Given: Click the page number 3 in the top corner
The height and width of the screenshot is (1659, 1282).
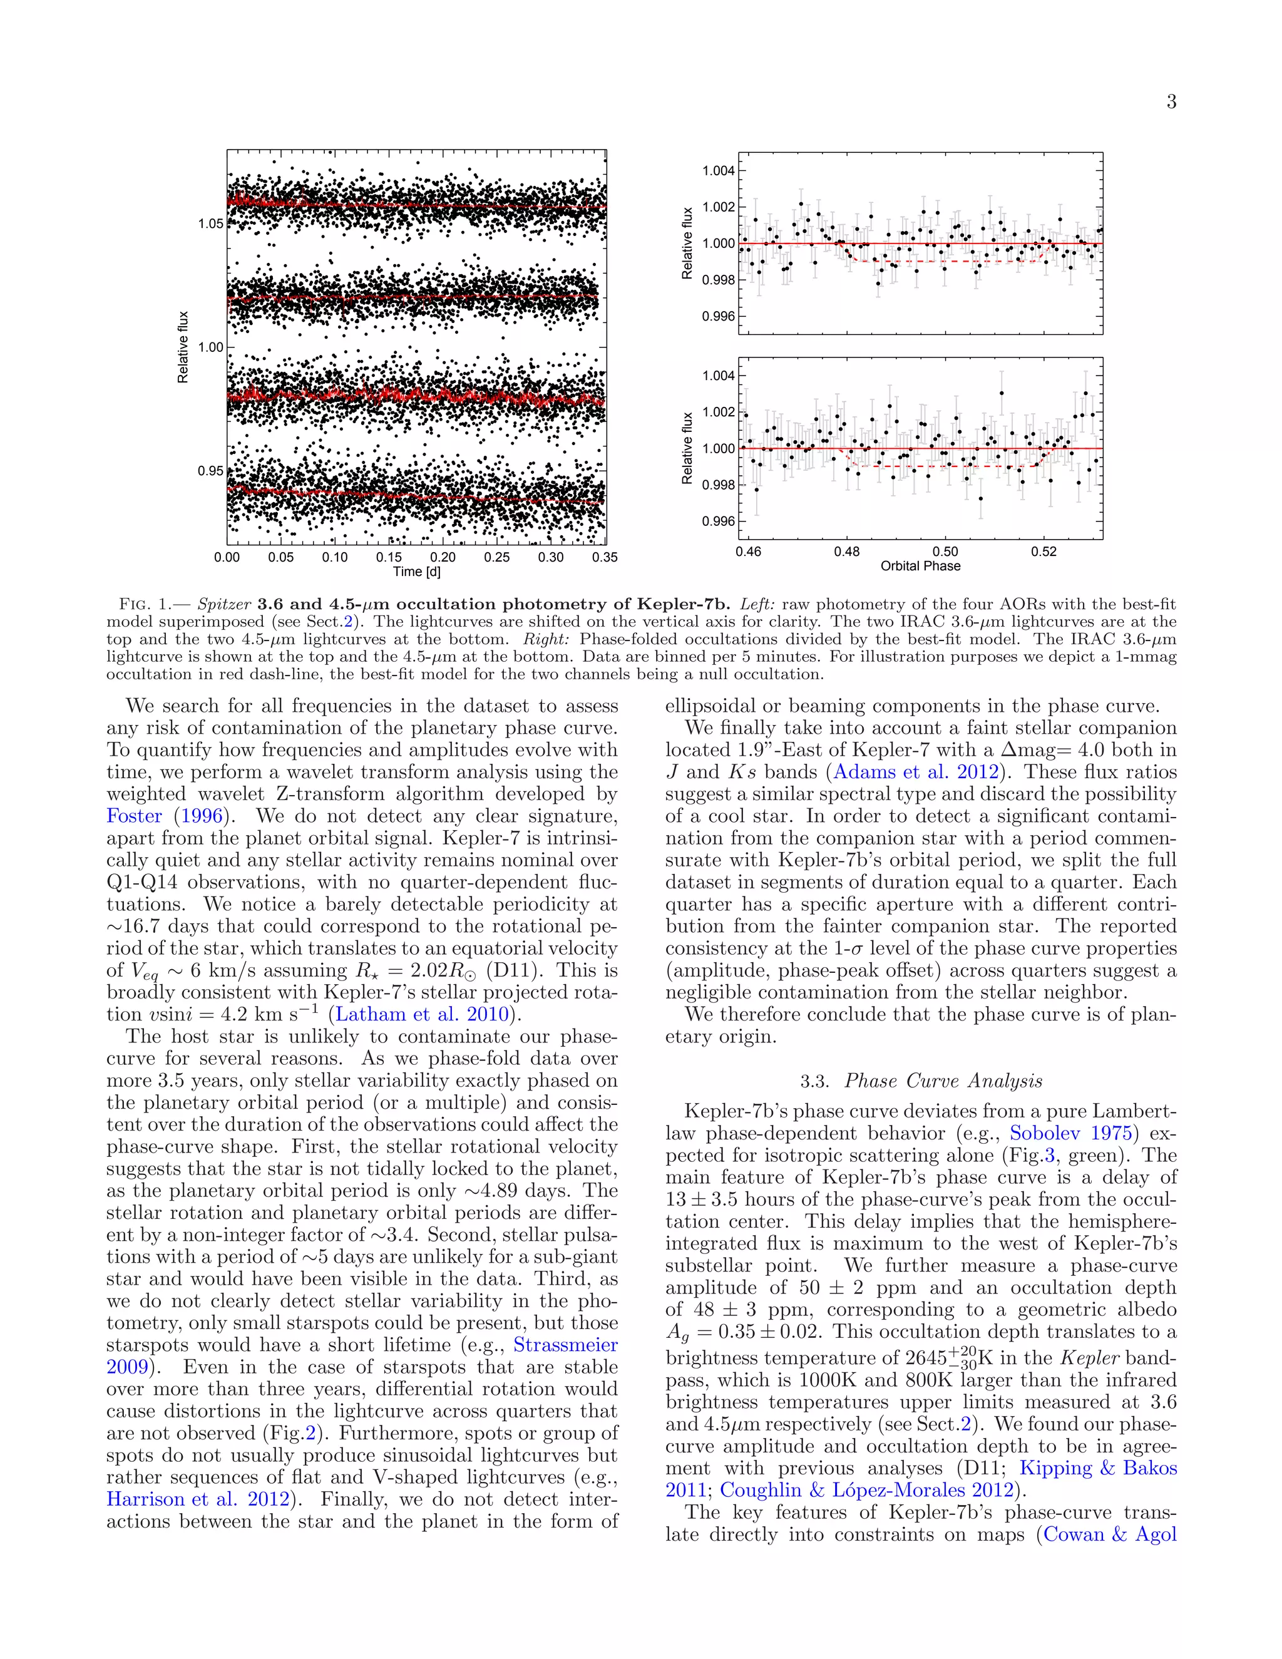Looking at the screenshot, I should pos(1171,103).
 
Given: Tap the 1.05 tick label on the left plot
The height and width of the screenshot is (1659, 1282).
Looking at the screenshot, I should pos(210,224).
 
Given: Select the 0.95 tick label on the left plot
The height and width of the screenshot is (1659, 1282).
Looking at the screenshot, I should pos(210,471).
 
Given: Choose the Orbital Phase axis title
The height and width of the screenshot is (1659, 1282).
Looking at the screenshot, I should pos(920,566).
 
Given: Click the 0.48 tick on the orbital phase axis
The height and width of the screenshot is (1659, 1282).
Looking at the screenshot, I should pos(847,552).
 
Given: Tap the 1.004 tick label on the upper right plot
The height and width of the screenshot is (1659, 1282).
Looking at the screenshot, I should pos(718,171).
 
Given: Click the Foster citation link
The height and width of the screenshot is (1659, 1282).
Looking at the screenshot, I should pos(135,816).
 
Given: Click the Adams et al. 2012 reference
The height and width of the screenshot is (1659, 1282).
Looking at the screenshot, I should pos(916,773).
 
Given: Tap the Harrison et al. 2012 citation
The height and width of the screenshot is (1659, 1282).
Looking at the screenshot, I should pos(197,1499).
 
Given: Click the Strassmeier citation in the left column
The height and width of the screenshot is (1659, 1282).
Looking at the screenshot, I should pos(565,1345).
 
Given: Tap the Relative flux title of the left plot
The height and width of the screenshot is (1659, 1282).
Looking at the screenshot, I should pos(183,347).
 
